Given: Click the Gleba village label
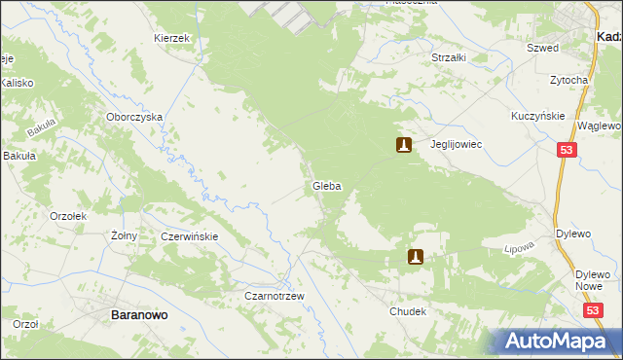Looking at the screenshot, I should click(x=326, y=186).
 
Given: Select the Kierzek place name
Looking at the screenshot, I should click(x=170, y=37).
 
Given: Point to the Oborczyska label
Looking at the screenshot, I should click(x=134, y=117).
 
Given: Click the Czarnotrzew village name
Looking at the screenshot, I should click(x=275, y=296).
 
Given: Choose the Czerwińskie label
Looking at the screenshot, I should click(x=190, y=236).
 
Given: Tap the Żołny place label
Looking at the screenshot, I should click(x=124, y=235).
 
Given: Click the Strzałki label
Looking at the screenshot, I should click(x=449, y=57).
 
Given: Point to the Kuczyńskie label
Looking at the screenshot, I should click(x=538, y=116).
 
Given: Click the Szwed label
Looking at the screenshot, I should click(x=542, y=47).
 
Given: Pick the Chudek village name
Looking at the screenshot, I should click(x=408, y=312).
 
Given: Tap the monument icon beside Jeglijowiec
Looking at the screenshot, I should click(x=403, y=146).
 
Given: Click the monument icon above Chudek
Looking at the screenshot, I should click(x=416, y=257).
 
